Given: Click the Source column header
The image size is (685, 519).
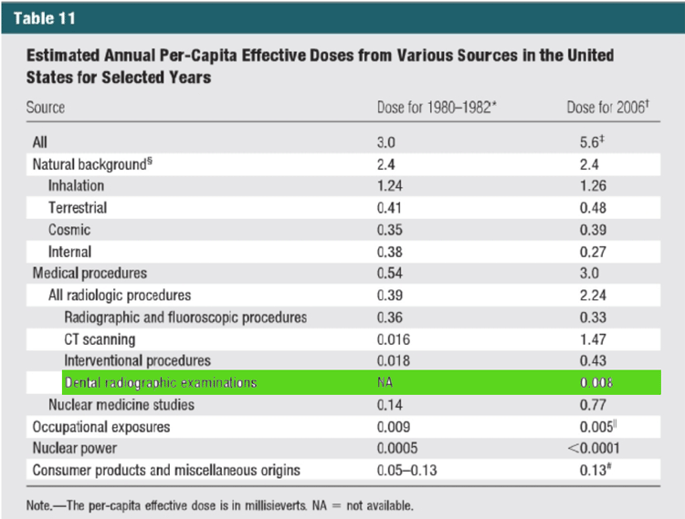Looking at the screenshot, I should tap(46, 108).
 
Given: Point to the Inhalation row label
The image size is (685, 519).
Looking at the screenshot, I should tap(83, 186).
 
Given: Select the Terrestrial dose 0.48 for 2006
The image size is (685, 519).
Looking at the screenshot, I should tap(585, 208).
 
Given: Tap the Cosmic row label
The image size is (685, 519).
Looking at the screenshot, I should tap(69, 230).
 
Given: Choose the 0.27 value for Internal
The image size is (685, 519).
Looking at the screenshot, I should tap(585, 252).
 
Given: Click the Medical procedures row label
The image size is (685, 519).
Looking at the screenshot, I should tap(90, 274).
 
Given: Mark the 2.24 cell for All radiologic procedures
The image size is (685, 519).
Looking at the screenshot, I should tap(585, 296).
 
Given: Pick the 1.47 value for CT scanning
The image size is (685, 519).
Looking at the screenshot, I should tap(585, 339).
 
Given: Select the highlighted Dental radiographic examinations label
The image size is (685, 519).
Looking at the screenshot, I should tap(160, 383).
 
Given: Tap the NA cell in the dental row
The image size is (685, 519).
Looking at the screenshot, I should tap(385, 383).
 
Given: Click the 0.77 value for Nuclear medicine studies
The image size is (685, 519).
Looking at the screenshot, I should tap(585, 405).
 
